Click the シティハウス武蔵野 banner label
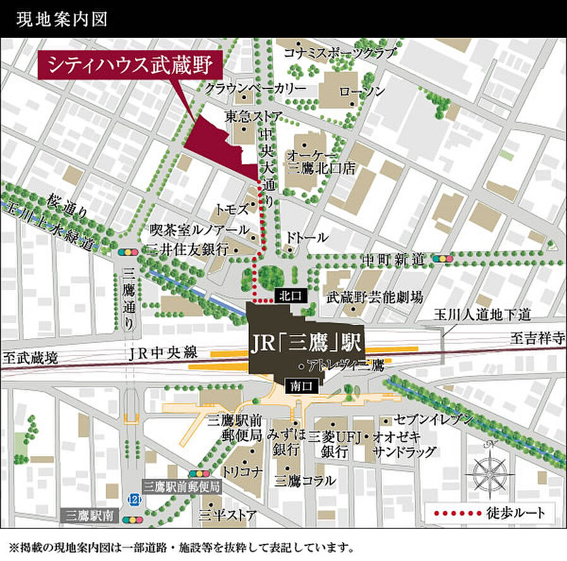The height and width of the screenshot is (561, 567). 131,66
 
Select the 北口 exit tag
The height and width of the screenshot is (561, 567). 291,295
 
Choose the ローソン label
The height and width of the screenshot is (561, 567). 362,91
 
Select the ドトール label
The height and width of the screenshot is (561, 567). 307,238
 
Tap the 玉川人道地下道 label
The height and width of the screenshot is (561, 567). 483,314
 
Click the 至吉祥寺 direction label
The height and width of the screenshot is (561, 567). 537,338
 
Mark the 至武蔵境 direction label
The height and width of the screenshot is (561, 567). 30,358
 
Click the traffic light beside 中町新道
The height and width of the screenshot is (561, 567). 441,259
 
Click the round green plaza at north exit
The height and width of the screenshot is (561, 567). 273,276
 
